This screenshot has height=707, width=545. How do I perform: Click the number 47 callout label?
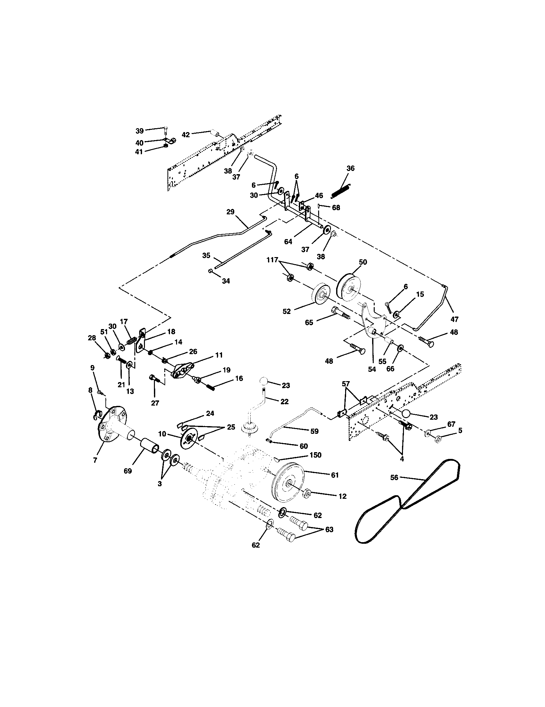pos(454,319)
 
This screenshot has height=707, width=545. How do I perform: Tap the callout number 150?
pos(315,455)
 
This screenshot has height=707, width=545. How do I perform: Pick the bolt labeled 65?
pos(340,313)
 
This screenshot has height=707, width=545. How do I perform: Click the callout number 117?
pos(272,260)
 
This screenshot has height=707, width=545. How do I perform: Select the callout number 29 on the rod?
pos(230,212)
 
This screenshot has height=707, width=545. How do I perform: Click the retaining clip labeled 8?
pos(98,415)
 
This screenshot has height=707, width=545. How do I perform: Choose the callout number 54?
pos(372,369)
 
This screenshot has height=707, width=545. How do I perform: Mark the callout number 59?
pos(314,431)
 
